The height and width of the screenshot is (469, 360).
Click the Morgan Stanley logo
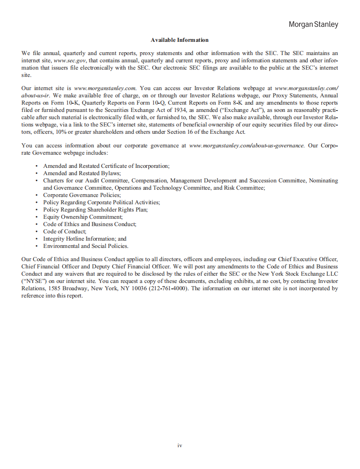[x=313, y=25]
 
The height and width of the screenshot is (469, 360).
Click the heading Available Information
[x=179, y=40]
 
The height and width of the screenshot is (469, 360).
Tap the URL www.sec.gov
[x=70, y=61]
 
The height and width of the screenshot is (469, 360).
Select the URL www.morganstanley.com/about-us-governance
[x=246, y=146]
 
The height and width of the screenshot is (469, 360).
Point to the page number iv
[x=180, y=445]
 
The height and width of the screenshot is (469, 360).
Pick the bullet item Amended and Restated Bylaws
[x=82, y=173]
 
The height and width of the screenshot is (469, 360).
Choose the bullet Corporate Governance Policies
[x=82, y=195]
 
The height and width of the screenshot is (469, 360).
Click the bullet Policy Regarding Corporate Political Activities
[x=101, y=202]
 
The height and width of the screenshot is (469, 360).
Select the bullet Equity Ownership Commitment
[x=83, y=217]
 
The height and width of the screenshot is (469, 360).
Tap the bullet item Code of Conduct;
[x=65, y=232]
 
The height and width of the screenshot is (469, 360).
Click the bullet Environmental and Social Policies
[x=86, y=246]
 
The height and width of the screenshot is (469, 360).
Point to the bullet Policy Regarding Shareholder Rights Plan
[x=95, y=210]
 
